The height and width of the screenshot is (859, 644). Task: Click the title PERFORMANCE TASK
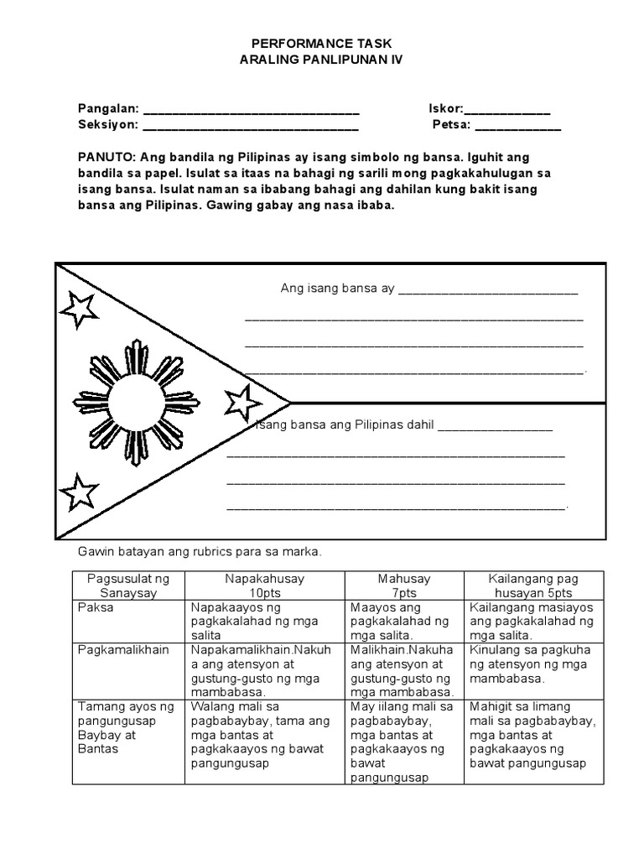click(x=322, y=42)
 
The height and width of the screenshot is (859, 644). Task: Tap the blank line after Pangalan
click(x=251, y=110)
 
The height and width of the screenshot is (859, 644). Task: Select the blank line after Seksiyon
click(x=251, y=126)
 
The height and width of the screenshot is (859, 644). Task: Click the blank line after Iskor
click(x=506, y=110)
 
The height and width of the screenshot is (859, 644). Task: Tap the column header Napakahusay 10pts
click(x=264, y=586)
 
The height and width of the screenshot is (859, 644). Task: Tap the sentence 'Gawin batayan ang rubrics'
click(x=200, y=552)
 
